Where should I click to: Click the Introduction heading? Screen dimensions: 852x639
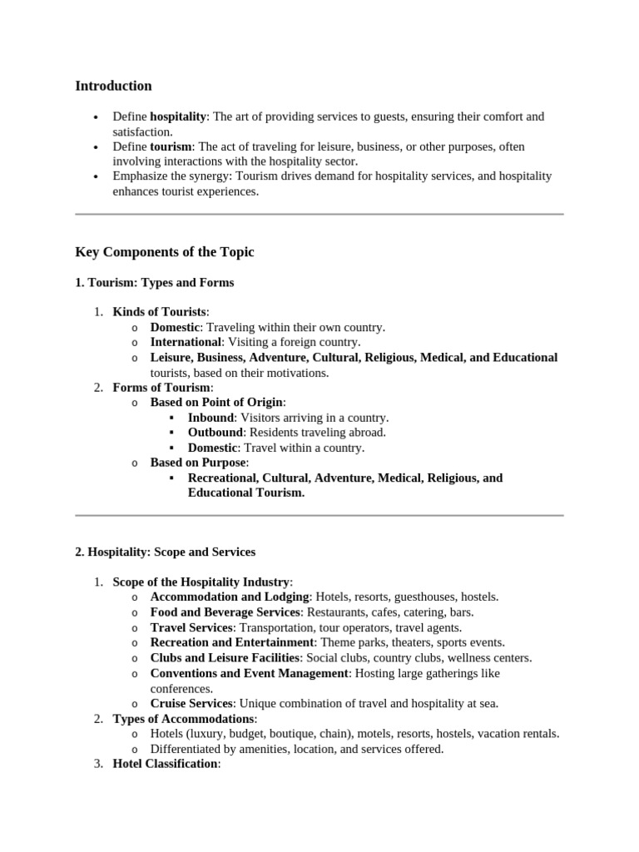[113, 86]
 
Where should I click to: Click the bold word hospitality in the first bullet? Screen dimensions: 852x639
[178, 116]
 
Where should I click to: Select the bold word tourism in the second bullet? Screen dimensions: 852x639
[171, 146]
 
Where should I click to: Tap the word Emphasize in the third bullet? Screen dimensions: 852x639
[142, 176]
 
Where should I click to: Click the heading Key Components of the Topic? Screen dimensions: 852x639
[165, 252]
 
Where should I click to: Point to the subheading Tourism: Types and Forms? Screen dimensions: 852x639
[155, 283]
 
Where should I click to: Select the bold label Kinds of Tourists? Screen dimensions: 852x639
[159, 312]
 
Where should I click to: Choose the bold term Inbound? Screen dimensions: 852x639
[211, 418]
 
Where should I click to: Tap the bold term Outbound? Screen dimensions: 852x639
[215, 433]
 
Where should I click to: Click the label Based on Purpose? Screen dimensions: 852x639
[198, 463]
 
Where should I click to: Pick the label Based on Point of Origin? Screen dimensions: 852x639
[216, 403]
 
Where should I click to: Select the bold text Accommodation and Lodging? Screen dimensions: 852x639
[230, 597]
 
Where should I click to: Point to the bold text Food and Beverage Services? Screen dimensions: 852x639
[225, 612]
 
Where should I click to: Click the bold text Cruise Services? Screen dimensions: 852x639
[191, 703]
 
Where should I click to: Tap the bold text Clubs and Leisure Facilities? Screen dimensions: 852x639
[225, 657]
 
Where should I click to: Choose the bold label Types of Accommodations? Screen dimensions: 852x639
[183, 718]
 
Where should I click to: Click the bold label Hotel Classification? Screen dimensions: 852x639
[165, 764]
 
